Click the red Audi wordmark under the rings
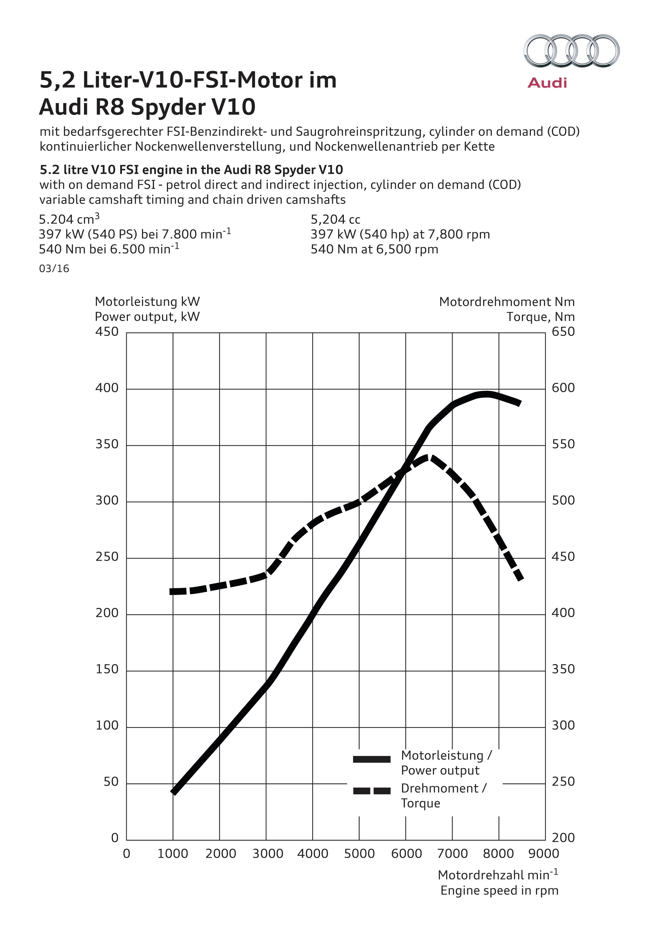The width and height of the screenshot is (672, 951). [547, 83]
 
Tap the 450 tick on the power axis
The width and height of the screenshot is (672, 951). [107, 332]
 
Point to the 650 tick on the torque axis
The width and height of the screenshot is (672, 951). [563, 332]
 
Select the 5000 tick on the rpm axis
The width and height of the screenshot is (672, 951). [359, 853]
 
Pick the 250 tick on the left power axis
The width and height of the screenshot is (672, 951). [107, 557]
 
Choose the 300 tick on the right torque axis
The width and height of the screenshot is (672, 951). [563, 725]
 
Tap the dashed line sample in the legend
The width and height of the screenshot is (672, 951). [371, 791]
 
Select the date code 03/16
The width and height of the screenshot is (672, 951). [54, 269]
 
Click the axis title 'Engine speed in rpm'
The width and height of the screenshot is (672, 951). [499, 891]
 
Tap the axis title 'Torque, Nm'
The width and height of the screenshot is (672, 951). [540, 317]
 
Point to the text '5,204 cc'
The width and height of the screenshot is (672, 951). [335, 220]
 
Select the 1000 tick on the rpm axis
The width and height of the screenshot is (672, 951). [173, 853]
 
